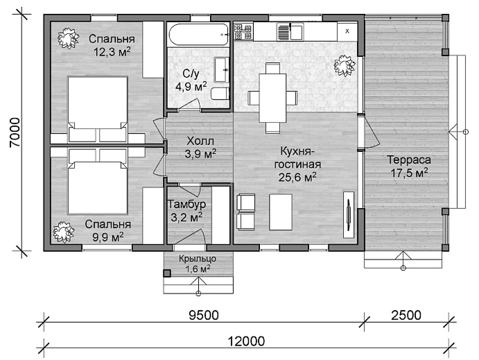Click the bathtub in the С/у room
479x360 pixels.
(198, 35)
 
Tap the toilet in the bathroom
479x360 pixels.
(220, 94)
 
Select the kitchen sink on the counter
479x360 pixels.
(290, 31)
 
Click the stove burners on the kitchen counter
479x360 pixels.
(243, 32)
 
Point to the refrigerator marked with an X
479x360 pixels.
(347, 31)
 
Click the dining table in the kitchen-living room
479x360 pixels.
(273, 98)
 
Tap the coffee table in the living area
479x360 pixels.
(281, 212)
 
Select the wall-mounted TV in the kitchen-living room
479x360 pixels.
(348, 214)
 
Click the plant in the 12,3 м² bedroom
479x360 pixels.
(68, 38)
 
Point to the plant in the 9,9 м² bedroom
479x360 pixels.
(64, 232)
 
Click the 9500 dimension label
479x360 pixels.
(204, 315)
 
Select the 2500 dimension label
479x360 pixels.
(406, 315)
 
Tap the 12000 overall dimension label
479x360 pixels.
(246, 341)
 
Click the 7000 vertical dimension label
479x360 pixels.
(15, 132)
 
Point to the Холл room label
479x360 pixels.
(200, 142)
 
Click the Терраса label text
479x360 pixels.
(409, 160)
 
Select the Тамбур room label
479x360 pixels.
(186, 204)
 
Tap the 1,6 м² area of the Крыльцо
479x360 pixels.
(198, 269)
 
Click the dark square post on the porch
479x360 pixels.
(167, 273)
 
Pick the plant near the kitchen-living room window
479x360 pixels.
(345, 66)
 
